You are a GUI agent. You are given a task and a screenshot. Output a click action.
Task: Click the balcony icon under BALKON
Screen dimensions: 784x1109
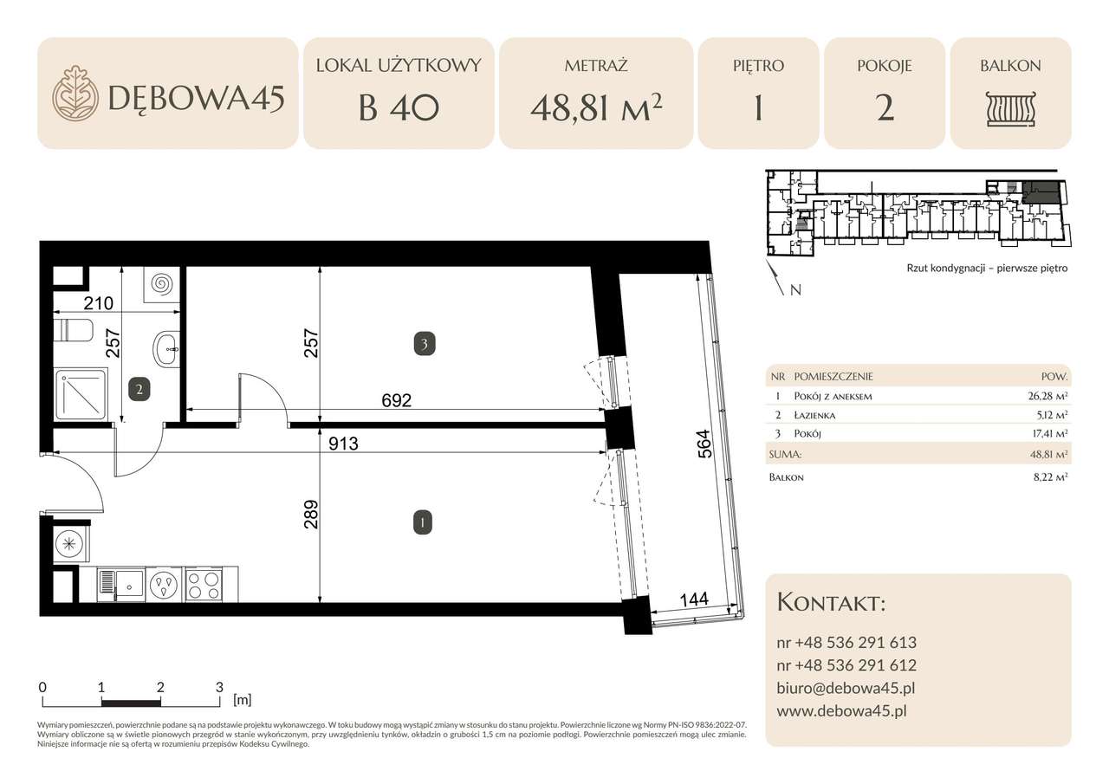point(1010,110)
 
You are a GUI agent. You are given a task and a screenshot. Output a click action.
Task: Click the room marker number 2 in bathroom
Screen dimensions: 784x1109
point(139,389)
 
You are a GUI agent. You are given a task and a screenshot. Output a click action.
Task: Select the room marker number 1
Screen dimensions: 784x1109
point(421,522)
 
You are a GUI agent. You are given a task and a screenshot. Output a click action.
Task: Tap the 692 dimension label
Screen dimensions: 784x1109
point(395,401)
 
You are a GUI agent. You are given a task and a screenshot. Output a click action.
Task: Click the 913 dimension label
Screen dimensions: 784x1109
point(342,443)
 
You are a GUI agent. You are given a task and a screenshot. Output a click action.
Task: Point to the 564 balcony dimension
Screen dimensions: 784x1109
point(704,447)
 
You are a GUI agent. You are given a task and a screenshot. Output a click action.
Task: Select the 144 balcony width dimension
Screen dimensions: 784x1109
point(694,599)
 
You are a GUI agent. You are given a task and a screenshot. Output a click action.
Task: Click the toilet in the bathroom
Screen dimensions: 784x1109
point(73,331)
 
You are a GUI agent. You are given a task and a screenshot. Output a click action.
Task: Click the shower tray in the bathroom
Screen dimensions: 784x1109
point(81,395)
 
